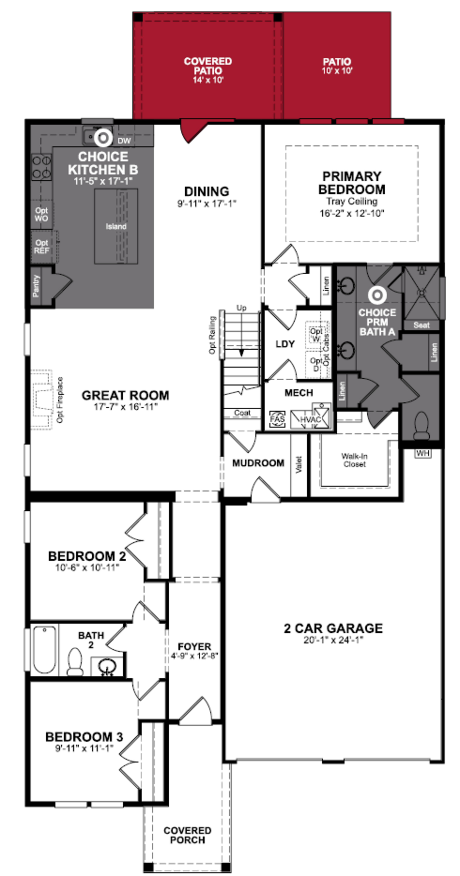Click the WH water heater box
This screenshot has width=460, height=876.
423,453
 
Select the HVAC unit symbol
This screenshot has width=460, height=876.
310,419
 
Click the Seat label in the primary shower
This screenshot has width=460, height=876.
421,325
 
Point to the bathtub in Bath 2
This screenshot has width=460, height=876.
45,650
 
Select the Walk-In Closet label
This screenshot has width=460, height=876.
354,460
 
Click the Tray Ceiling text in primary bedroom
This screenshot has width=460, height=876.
352,201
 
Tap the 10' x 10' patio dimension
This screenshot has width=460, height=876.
337,71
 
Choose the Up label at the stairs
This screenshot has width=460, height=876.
241,308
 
